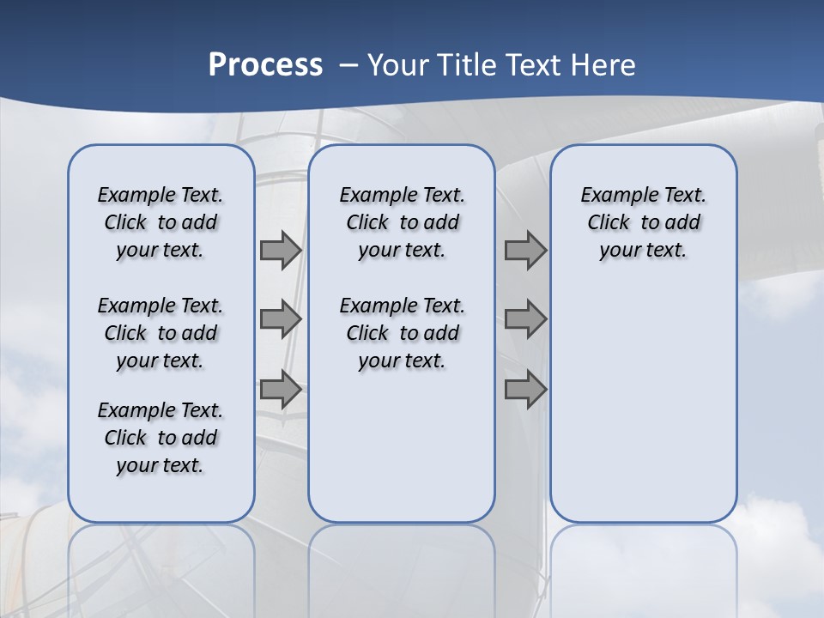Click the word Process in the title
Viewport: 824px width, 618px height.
(265, 65)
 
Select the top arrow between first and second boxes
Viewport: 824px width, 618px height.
(281, 251)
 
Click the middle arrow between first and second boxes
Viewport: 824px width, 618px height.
(281, 319)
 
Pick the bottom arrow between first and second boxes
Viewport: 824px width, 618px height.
(281, 390)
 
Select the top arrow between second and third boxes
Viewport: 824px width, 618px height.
(525, 251)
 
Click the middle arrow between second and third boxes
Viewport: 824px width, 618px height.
(525, 319)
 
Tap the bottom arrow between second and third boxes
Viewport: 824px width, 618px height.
(525, 390)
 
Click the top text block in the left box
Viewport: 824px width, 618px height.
(161, 222)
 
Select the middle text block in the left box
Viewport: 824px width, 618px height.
(161, 333)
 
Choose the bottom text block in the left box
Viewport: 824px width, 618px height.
(161, 438)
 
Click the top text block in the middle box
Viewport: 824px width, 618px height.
(402, 222)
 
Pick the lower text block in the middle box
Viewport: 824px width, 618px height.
(402, 333)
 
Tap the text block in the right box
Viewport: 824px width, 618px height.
(643, 222)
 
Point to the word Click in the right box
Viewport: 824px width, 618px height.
(609, 223)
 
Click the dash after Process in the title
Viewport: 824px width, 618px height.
(348, 65)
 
